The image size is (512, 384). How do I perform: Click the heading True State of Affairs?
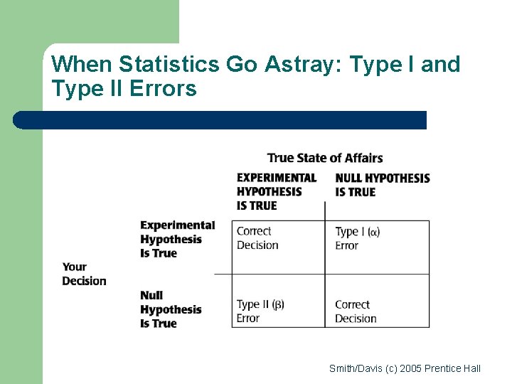pos(325,158)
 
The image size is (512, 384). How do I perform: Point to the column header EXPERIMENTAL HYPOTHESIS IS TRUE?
pos(276,191)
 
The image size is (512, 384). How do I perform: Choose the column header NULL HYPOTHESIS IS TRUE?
pos(382,185)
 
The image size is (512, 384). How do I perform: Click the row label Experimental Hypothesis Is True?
pos(177,239)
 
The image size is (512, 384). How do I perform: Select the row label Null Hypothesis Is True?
pos(171,309)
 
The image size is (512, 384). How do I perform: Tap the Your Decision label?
pos(84,274)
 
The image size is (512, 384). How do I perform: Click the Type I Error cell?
pos(357,238)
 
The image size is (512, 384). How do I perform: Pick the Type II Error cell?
pos(260,311)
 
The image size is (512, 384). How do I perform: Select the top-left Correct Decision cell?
pos(257,238)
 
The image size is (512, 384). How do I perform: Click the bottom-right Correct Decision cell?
pos(356,311)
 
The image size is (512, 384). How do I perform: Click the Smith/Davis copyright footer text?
pos(405,368)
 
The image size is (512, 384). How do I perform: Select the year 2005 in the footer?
pos(410,368)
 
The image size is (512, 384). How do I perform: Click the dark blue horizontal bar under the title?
pos(220,120)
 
